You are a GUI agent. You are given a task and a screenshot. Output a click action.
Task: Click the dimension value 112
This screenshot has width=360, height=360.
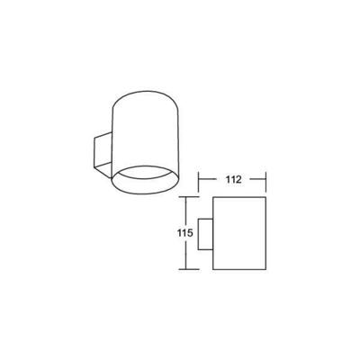233,179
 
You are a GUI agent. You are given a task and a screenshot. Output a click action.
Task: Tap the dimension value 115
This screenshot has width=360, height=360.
184,233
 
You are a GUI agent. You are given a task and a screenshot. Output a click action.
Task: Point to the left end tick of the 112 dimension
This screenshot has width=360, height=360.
198,182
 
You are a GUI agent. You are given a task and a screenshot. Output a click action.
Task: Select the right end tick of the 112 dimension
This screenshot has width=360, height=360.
265,182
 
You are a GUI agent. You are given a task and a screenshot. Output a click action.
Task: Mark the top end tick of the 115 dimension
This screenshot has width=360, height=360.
189,197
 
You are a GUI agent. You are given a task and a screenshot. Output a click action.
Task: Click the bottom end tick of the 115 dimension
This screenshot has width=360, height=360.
189,269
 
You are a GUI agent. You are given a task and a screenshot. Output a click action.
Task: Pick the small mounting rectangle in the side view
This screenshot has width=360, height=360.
205,234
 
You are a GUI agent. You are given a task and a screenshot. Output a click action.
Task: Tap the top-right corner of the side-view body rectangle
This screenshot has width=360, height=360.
265,197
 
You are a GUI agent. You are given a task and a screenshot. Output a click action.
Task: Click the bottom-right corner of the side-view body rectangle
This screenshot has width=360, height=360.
265,269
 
